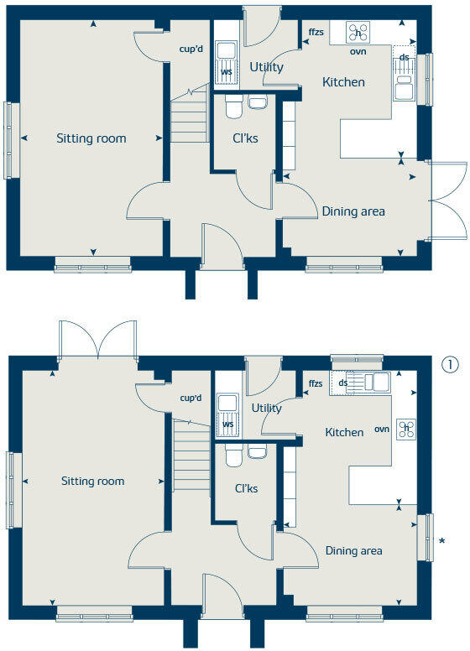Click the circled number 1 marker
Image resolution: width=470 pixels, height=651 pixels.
click(451, 365)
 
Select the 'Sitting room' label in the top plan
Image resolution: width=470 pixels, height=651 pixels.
click(91, 138)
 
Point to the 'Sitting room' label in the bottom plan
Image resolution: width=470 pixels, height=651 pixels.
click(92, 482)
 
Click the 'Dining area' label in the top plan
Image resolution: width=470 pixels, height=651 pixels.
click(353, 211)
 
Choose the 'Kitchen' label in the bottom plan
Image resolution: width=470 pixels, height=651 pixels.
click(344, 433)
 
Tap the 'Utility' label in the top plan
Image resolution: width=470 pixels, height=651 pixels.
click(266, 67)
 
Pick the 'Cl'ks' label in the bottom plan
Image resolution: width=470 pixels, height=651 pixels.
click(245, 487)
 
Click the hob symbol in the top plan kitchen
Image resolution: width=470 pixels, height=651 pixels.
click(359, 32)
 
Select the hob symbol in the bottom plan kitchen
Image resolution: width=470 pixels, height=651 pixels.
click(407, 428)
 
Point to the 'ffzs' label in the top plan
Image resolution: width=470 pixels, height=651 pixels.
click(316, 32)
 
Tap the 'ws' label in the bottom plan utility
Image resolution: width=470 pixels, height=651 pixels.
click(227, 425)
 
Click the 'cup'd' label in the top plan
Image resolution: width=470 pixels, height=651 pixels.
click(191, 49)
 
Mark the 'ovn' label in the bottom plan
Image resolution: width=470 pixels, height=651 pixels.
click(382, 430)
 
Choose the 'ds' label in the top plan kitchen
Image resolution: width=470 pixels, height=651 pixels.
click(405, 58)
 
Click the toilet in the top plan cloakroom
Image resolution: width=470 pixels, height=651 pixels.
click(233, 105)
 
